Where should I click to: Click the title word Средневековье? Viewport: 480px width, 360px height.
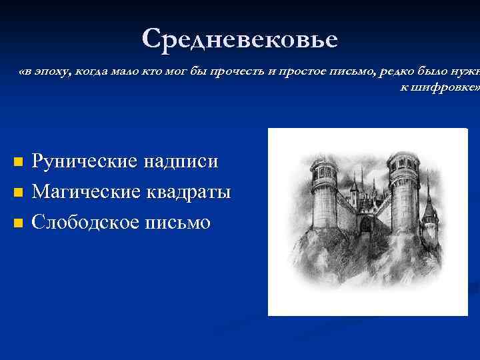(x=240, y=39)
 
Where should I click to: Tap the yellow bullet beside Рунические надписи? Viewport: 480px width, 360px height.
(x=19, y=163)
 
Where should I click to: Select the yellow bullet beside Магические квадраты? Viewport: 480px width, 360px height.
(x=19, y=193)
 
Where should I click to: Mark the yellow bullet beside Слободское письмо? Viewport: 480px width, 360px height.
(x=19, y=223)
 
